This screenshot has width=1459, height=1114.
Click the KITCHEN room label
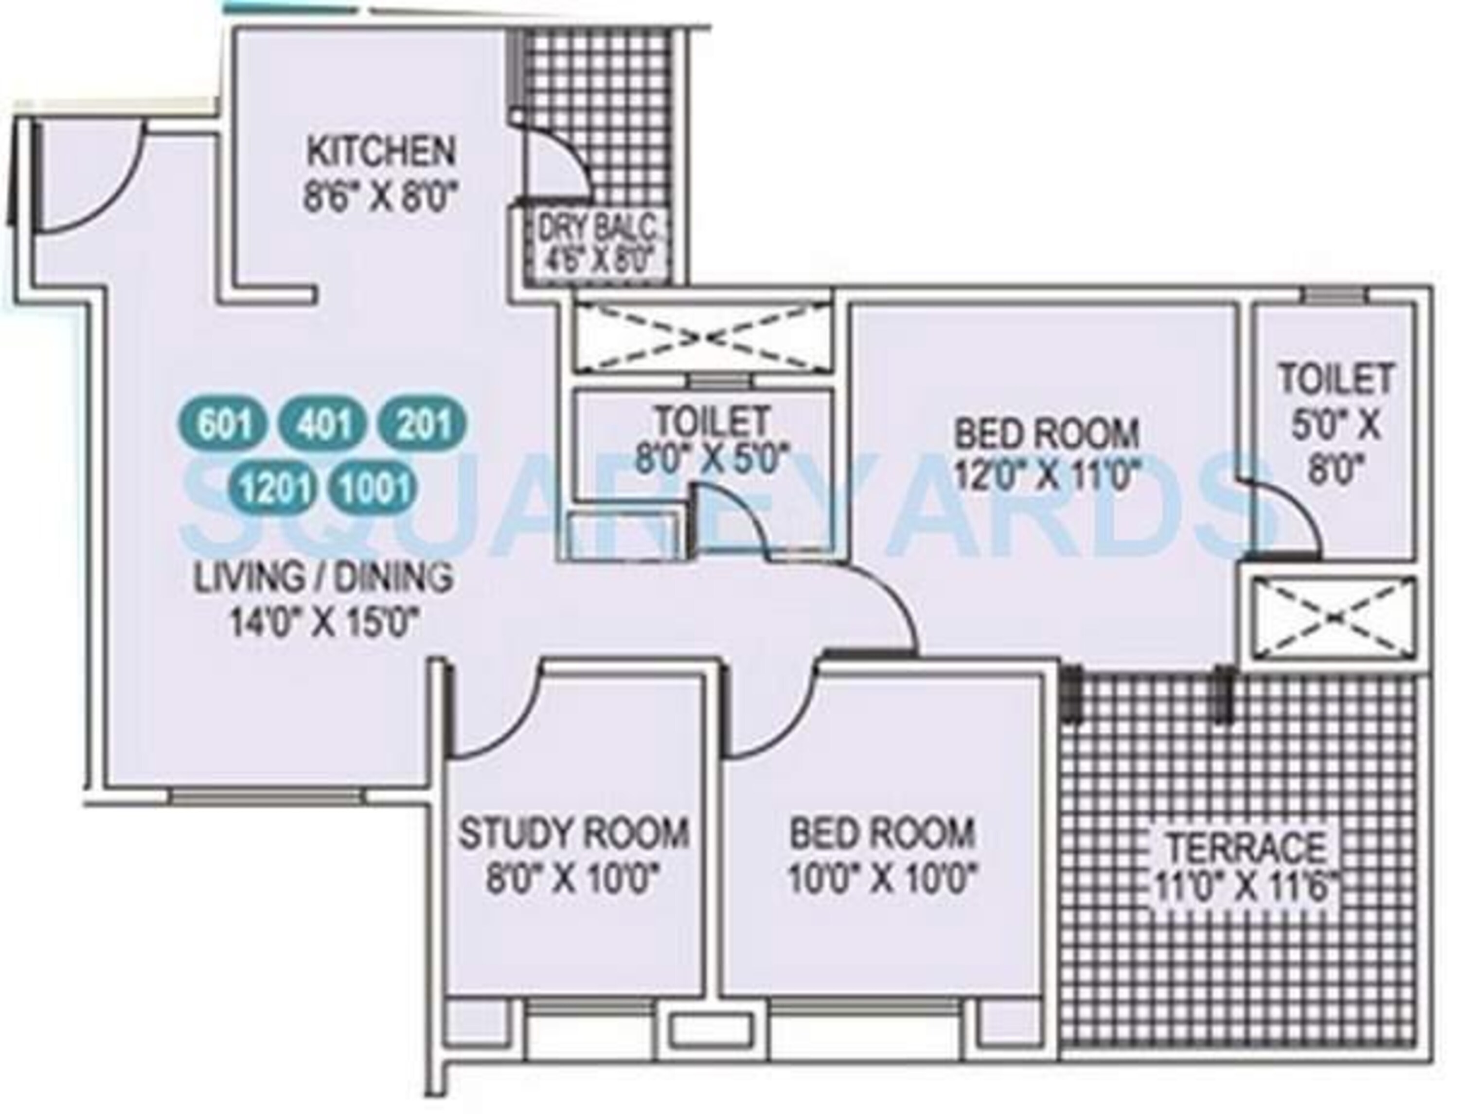381,152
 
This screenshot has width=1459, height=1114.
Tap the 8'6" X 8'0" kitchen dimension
381,197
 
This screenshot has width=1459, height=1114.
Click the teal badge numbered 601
224,424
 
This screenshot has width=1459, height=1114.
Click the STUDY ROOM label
574,833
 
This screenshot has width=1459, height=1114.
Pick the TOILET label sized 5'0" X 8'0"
1335,379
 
